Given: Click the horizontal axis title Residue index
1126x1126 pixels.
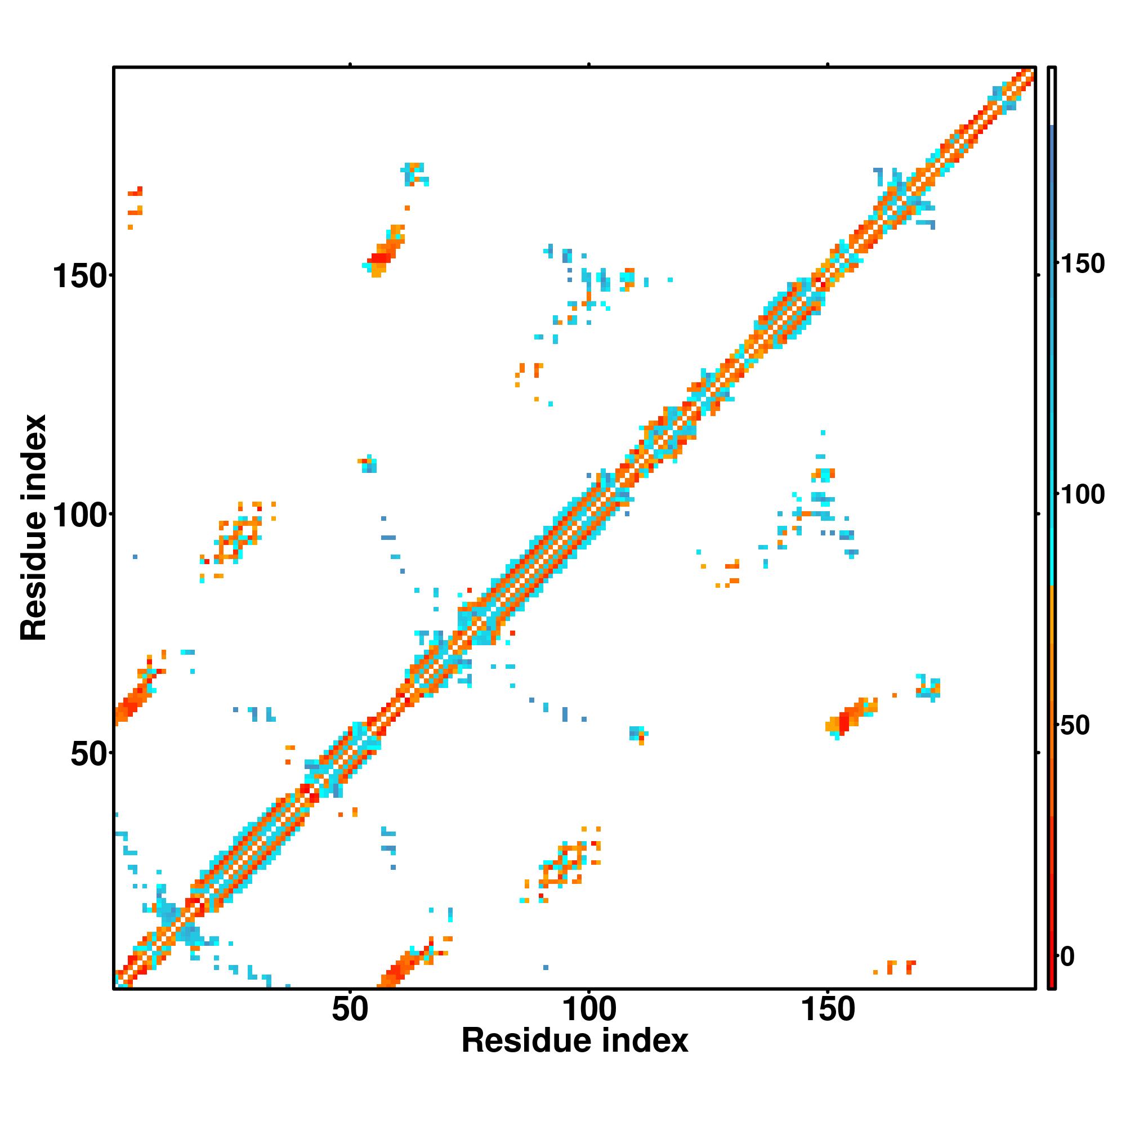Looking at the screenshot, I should pos(575,1041).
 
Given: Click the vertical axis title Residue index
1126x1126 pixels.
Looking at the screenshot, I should pos(34,528).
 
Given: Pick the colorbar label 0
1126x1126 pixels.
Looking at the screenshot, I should pos(1067,957).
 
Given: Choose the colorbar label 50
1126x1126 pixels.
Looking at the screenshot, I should pos(1074,726).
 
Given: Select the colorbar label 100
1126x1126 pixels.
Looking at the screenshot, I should pos(1082,495).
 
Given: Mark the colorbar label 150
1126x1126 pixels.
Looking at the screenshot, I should pos(1082,264).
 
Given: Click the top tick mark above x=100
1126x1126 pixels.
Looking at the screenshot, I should pos(589,64).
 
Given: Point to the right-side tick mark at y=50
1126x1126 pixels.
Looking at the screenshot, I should pos(1038,753).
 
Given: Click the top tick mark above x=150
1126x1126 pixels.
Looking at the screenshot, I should pos(828,64).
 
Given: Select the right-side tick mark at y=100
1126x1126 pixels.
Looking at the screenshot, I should pos(1038,514).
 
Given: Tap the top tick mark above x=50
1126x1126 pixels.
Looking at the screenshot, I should pos(350,64).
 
